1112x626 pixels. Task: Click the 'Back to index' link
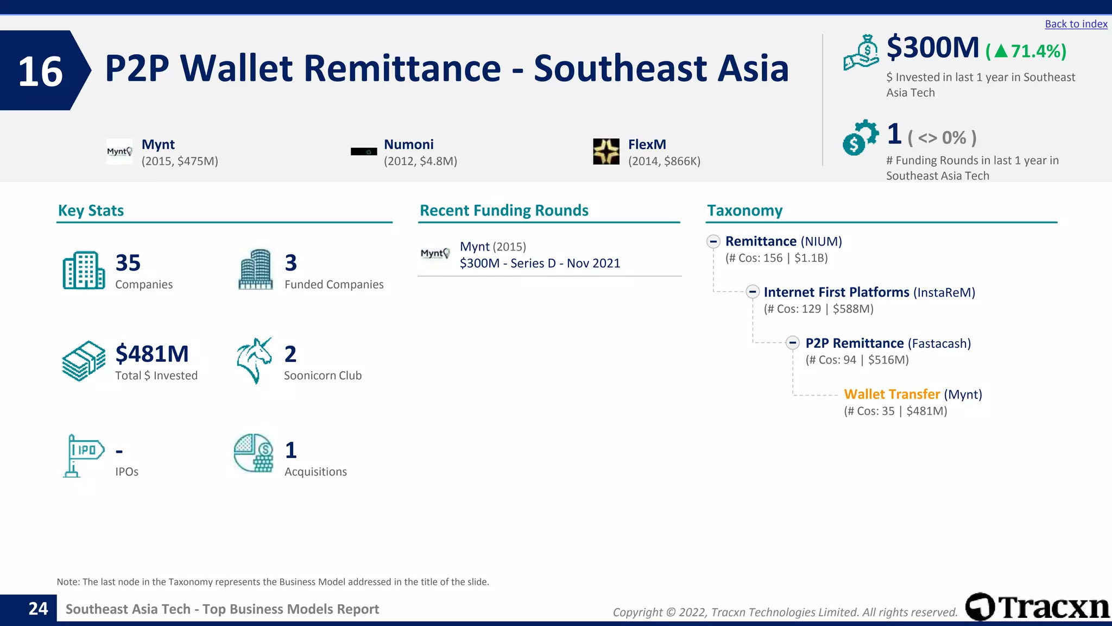tap(1076, 24)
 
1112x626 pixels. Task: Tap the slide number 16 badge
tap(41, 71)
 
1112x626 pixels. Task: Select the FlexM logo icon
tap(606, 151)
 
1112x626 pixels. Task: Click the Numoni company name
tap(408, 145)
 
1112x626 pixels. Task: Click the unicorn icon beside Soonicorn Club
tap(254, 360)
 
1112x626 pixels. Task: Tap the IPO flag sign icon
tap(83, 455)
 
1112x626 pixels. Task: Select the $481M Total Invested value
tap(152, 354)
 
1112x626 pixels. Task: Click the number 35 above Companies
tap(128, 263)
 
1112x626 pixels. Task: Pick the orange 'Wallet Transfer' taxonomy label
tap(892, 395)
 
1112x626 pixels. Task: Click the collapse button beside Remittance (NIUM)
tap(713, 241)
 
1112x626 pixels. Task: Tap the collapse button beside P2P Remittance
tap(793, 343)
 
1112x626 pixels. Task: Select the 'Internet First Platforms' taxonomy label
tap(836, 292)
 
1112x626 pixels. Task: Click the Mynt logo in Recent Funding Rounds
tap(435, 254)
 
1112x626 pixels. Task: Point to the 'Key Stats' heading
tap(91, 210)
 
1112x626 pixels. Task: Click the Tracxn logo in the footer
tap(1037, 607)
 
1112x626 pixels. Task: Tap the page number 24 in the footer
tap(38, 609)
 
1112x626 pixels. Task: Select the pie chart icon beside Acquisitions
tap(254, 453)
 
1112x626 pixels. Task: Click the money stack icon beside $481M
tap(84, 361)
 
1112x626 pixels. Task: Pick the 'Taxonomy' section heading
tap(744, 210)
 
